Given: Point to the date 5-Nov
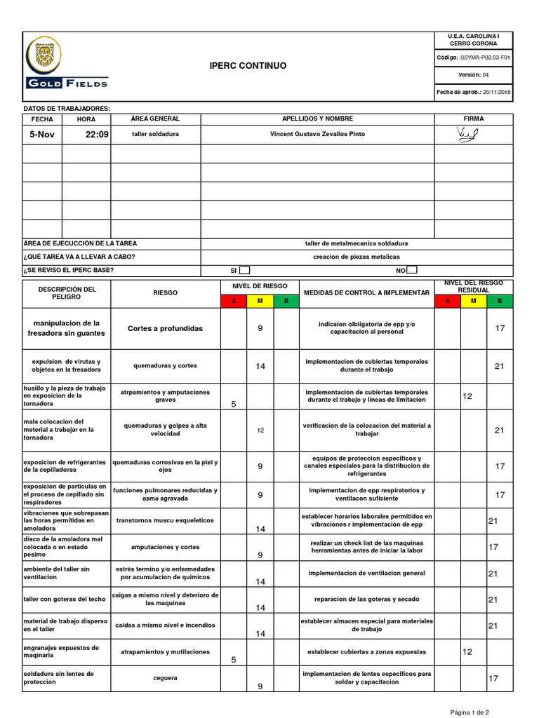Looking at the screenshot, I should (41, 134).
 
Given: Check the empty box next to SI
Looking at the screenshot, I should (245, 270).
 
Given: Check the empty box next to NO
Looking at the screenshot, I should (412, 270).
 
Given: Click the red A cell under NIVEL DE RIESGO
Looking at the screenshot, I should (234, 301).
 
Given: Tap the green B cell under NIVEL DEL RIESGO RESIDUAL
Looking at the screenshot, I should (500, 301).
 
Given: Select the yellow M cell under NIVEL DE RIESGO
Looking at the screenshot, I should (260, 301).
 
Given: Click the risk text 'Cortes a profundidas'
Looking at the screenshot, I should (165, 328).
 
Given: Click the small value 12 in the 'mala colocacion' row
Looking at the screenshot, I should (260, 430).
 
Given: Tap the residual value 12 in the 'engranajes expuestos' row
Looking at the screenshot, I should (467, 652).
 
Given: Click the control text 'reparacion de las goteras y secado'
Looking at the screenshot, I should (366, 600).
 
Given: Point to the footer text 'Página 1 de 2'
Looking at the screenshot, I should (474, 712).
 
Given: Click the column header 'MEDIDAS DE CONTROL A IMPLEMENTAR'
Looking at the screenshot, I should (366, 292).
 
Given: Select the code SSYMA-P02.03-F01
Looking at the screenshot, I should (485, 57).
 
